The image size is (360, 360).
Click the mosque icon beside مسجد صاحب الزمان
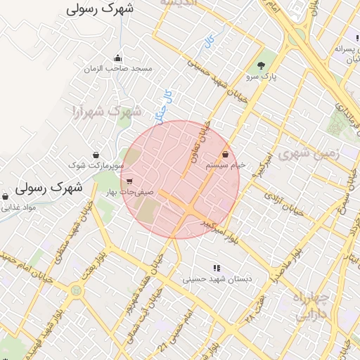coord(117,58)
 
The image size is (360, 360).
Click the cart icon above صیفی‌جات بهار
coord(129,181)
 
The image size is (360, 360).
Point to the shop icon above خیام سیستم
coord(225,154)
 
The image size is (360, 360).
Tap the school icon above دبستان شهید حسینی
coord(217,268)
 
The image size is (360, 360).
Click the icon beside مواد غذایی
coord(6,197)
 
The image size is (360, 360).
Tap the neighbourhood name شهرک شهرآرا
coord(107,111)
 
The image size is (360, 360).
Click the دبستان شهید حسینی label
coord(217,279)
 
